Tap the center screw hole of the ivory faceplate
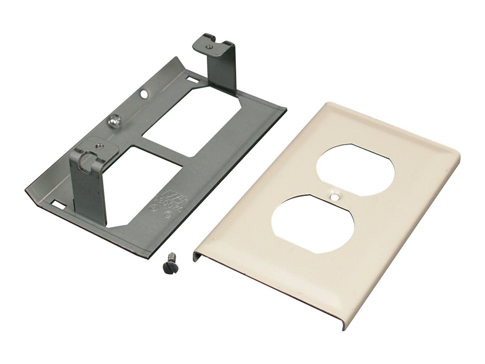(334, 197)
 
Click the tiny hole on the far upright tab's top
(209, 47)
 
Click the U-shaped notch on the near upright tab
(85, 160)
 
